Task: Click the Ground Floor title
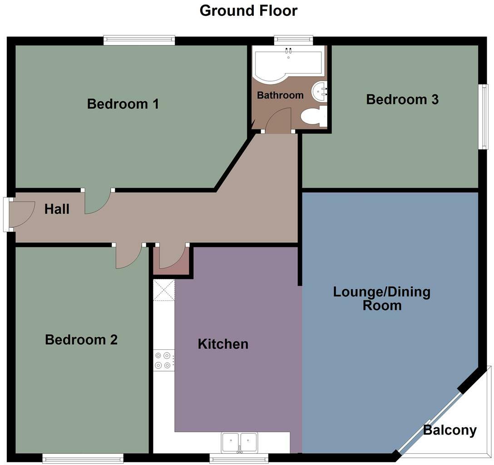pos(248,10)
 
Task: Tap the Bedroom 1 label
pos(123,104)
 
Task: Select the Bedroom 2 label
pos(81,339)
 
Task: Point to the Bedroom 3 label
pos(402,99)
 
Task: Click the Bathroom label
pos(280,95)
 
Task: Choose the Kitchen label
pos(223,344)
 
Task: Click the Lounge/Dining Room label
pos(381,298)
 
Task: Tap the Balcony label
pos(450,430)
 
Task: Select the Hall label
pos(57,209)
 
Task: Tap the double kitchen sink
pos(239,441)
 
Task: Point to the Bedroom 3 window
pos(484,117)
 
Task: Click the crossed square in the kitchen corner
pos(164,290)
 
